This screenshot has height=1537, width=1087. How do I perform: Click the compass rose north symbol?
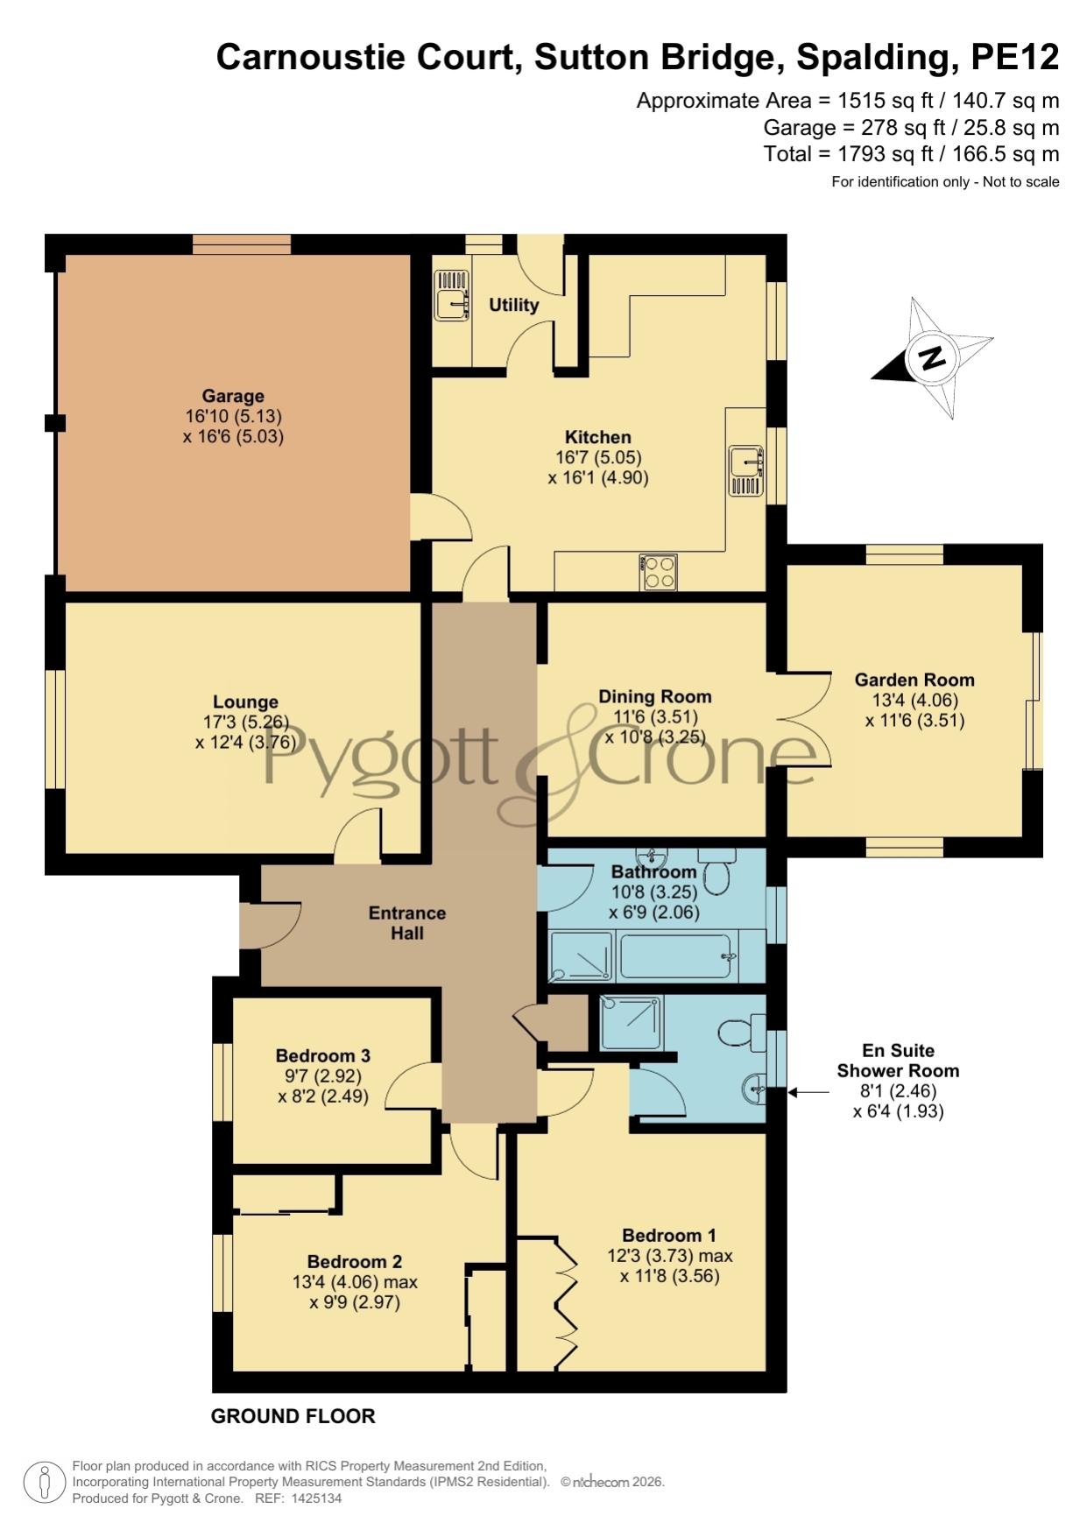(932, 357)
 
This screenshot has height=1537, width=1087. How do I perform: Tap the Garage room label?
(233, 396)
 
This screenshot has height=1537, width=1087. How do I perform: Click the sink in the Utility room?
(452, 295)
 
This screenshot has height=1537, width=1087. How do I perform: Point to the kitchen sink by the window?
(746, 470)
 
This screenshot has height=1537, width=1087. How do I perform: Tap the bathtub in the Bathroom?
(675, 955)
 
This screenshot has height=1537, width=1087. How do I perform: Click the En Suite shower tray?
(631, 1023)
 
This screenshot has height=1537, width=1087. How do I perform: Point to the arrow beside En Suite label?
(808, 1092)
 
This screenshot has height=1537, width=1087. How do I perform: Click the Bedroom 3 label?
(323, 1055)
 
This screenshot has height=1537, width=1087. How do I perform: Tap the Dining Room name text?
(655, 696)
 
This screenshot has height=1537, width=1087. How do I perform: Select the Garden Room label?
(914, 680)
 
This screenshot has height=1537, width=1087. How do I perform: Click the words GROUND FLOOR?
(293, 1416)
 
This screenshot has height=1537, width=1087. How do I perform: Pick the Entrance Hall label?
(407, 923)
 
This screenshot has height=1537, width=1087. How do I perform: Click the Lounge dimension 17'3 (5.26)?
(245, 723)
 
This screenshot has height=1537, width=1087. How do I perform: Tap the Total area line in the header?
(911, 154)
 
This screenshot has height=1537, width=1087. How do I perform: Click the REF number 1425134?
(313, 1498)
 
